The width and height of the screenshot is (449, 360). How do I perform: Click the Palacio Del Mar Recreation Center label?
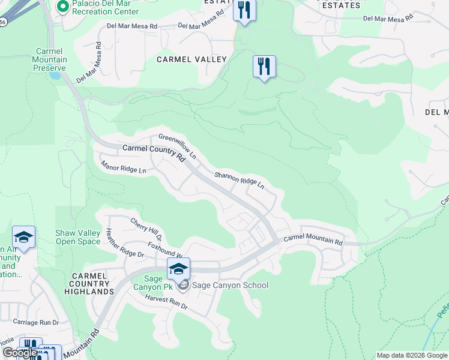point(105,7)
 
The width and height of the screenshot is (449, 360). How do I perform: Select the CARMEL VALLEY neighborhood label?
point(191,59)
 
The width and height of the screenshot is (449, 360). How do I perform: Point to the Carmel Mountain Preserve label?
point(50,60)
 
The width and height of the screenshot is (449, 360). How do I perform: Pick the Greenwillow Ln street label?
point(178,146)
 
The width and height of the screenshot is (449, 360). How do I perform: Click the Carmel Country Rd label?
point(153,152)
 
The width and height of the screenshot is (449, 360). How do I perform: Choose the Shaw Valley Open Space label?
point(77,237)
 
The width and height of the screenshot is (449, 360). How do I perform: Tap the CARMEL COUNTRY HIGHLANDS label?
point(90,283)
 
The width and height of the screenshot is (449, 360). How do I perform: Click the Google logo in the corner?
point(19,353)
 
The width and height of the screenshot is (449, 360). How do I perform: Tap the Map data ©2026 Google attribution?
point(411,355)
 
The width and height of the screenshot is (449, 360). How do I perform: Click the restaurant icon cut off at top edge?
point(244,10)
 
